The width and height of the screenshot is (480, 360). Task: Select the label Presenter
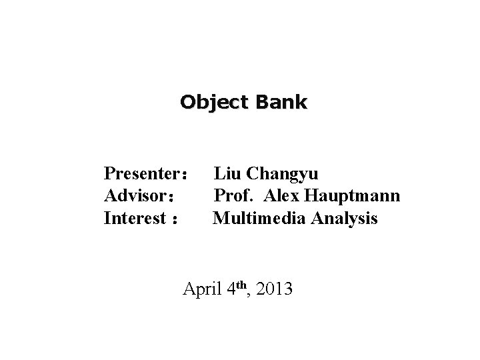click(141, 175)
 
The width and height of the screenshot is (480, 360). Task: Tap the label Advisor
click(135, 197)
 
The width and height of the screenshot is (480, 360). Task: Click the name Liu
click(227, 174)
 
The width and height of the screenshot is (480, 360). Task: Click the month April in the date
click(202, 290)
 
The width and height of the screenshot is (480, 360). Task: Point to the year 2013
click(274, 290)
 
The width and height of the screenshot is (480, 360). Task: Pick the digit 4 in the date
click(231, 290)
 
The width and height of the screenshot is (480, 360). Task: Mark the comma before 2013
click(251, 295)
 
